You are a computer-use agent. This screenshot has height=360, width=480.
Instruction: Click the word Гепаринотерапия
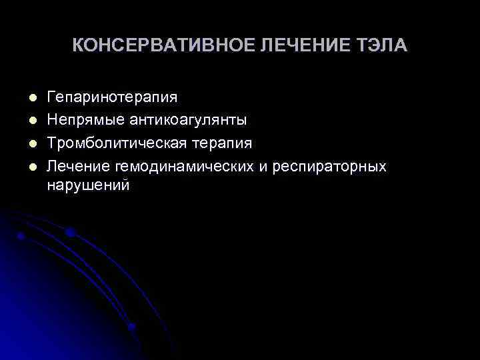pos(112,97)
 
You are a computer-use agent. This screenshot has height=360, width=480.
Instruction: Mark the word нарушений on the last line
pos(89,185)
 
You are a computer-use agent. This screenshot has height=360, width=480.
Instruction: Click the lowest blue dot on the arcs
pos(131,326)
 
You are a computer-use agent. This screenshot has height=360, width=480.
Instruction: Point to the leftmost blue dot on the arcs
pos(22,235)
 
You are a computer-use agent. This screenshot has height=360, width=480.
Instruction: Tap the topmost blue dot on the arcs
pos(70,232)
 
